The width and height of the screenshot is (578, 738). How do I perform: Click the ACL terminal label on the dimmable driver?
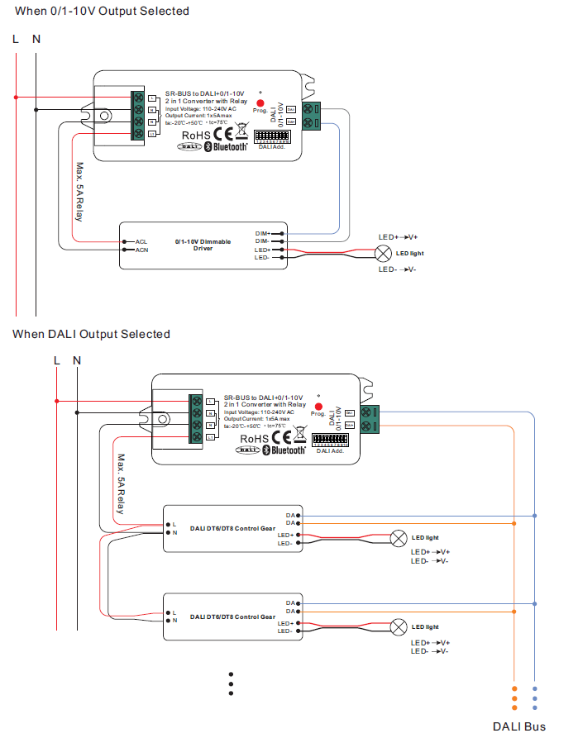pos(141,242)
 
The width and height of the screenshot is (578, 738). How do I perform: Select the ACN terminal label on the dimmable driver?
pos(141,250)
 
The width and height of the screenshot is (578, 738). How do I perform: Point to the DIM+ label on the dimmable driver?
pos(263,233)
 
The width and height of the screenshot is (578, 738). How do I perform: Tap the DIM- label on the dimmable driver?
pos(263,240)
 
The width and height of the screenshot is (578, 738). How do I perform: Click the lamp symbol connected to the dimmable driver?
pos(384,253)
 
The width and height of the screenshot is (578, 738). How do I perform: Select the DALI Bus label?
pos(519,726)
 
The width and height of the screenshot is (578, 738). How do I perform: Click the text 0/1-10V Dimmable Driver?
pos(203,245)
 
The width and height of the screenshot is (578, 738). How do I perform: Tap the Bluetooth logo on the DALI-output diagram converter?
pos(284,450)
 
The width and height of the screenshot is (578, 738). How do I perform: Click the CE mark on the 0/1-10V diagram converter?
pos(221,132)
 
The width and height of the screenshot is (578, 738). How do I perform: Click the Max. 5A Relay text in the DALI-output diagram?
pos(121,484)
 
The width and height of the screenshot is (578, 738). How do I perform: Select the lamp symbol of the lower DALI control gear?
pos(399,625)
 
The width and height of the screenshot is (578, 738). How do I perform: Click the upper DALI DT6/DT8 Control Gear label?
pos(232,527)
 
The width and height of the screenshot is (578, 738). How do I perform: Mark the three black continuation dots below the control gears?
pos(232,683)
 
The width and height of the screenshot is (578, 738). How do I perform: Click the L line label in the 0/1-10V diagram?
pos(16,39)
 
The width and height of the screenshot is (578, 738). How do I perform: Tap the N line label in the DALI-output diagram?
pos(77,360)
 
